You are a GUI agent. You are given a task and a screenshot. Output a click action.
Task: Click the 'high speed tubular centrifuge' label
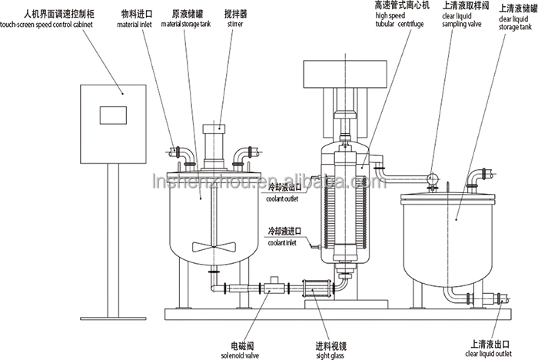coord(379,19)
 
